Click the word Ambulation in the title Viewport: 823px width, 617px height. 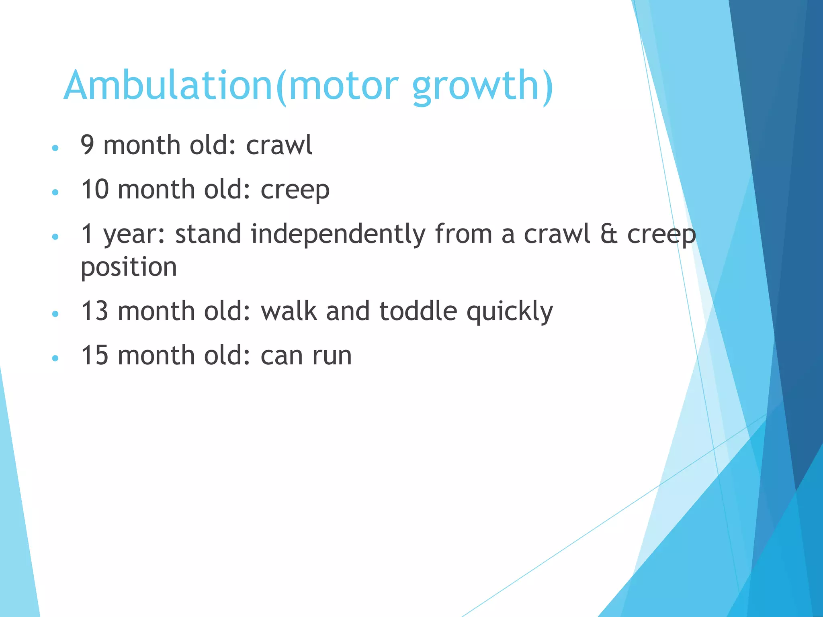coord(168,86)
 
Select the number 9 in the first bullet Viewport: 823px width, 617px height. coord(88,145)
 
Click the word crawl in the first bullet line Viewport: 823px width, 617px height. coord(279,145)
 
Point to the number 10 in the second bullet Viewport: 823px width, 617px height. coord(95,189)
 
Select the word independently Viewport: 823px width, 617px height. coord(338,235)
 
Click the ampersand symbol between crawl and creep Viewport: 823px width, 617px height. coord(608,234)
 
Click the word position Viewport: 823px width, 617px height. coord(129,268)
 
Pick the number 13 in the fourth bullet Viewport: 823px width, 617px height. coord(95,311)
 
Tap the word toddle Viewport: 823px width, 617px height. coord(418,311)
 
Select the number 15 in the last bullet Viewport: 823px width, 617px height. coord(95,355)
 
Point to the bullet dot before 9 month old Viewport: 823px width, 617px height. coord(55,148)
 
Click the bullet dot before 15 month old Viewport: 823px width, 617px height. coord(55,358)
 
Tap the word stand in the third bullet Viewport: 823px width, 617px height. coord(208,234)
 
